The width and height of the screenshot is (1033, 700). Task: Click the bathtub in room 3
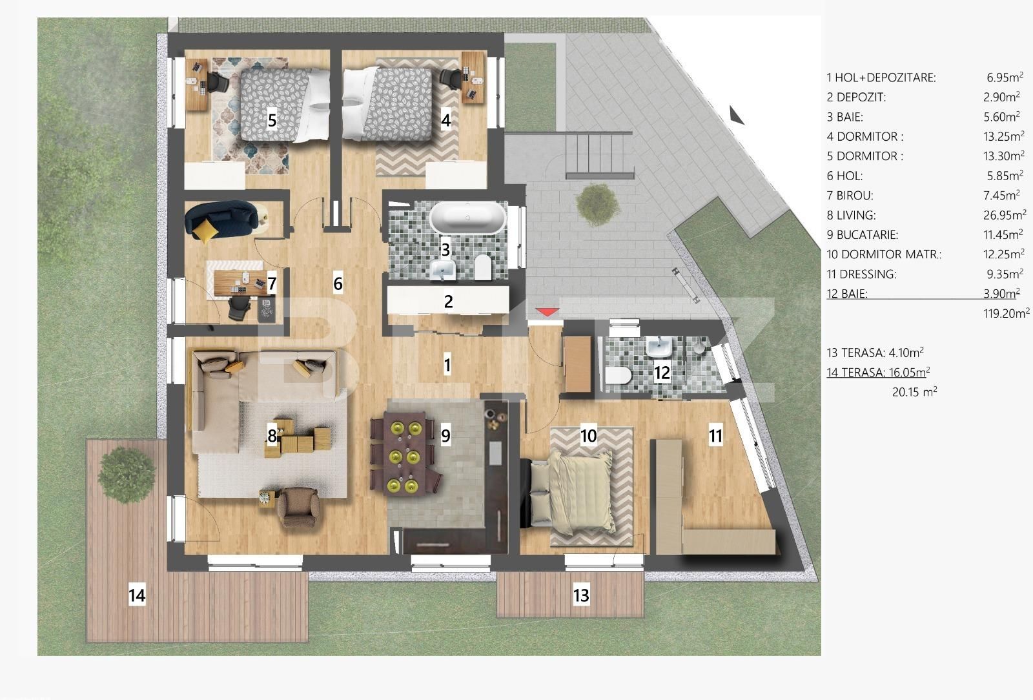(x=468, y=218)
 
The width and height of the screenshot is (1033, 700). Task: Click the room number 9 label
(x=445, y=436)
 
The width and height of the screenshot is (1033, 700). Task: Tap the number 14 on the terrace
(x=137, y=594)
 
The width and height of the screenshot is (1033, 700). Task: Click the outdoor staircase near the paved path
(x=599, y=154)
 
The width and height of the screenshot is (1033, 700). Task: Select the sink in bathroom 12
(x=659, y=347)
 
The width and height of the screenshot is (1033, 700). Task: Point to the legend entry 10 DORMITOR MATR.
(x=883, y=254)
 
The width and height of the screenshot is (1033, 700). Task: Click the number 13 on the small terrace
(x=581, y=595)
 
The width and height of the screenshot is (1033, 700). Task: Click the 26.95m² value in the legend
(x=1005, y=215)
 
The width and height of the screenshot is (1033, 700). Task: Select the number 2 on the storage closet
(x=448, y=302)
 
